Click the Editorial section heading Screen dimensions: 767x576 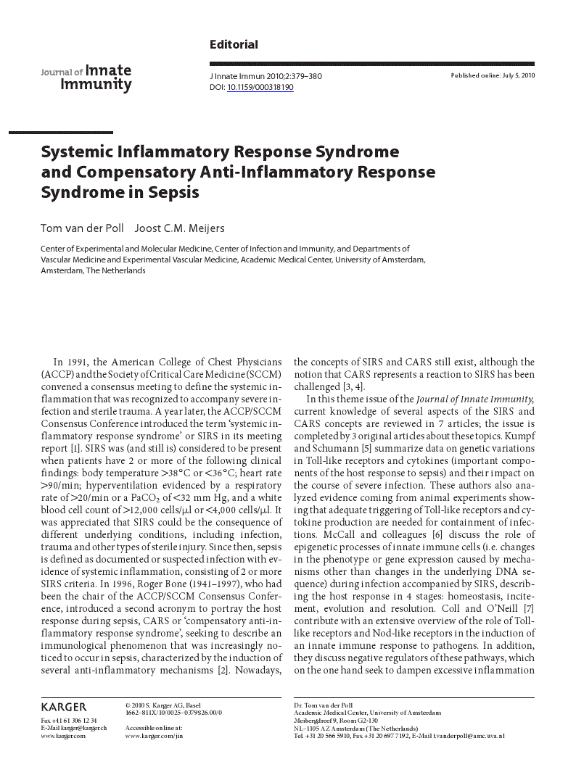coord(234,45)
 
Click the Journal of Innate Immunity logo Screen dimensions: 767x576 coord(86,78)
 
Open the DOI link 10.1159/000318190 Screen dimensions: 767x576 coord(260,87)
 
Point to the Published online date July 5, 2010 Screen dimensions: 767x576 coord(493,76)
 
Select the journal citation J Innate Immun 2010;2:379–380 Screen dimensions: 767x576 coord(266,76)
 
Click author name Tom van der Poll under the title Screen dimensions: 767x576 coord(82,229)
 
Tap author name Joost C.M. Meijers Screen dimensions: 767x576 coord(176,229)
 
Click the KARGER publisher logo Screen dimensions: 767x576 coord(64,707)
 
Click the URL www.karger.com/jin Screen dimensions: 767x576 coord(155,736)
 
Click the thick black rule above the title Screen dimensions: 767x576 coord(61,133)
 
